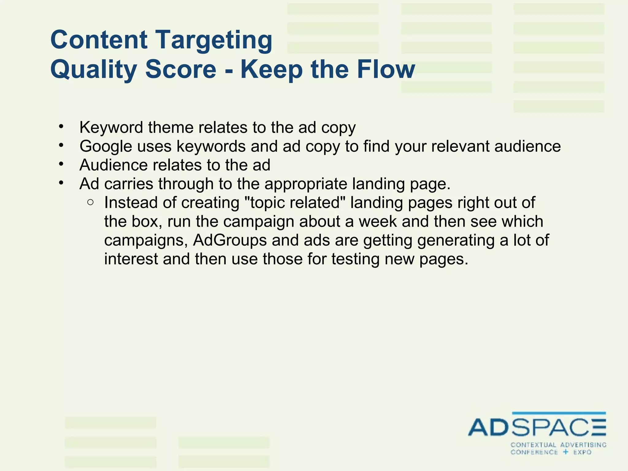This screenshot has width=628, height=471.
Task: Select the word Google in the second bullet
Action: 105,147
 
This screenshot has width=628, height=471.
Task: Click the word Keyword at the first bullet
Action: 111,128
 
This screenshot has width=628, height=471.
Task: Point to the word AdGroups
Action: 230,240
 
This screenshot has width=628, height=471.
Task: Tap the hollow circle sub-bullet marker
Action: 90,202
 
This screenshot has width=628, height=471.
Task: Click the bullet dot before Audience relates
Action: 61,164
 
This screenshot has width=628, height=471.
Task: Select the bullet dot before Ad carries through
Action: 61,183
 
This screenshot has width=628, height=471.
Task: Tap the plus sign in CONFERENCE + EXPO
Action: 566,452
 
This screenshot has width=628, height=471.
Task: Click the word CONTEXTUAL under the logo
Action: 533,445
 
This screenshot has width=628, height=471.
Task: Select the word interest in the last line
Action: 131,259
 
